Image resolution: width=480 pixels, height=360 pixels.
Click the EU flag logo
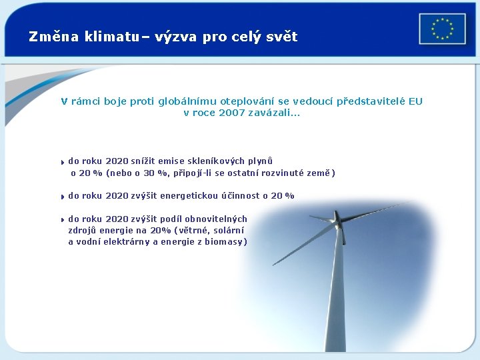point(442,29)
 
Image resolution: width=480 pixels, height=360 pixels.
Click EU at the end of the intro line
point(415,101)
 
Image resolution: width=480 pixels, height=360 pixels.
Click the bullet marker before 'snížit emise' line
point(61,162)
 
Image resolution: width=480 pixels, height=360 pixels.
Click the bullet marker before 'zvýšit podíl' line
point(61,220)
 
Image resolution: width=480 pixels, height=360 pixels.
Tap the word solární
point(227,230)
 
